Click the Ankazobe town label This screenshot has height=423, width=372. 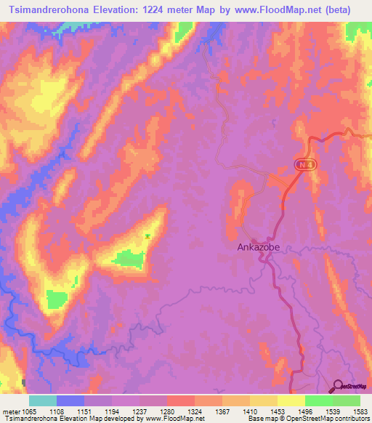pos(259,247)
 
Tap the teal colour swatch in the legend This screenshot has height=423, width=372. pos(42,400)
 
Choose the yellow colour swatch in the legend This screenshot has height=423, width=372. pos(291,400)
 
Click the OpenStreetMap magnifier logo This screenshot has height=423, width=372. pos(337,386)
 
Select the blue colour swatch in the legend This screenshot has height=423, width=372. pos(70,400)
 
